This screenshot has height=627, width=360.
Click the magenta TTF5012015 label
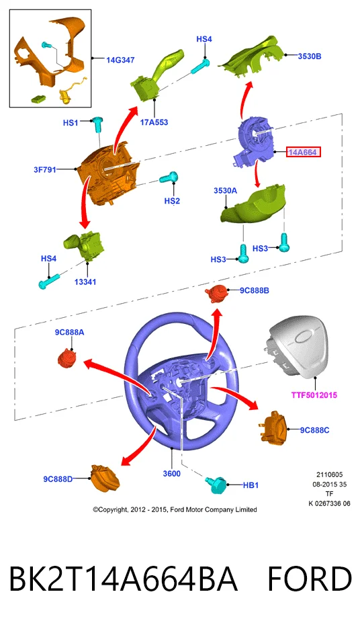pos(314,395)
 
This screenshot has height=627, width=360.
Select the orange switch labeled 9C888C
pos(275,427)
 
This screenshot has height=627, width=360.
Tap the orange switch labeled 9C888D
pos(105,478)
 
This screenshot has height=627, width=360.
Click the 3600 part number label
pos(171,474)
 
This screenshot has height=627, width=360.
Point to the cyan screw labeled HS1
pos(97,125)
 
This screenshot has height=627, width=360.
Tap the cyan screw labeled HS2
pos(169,177)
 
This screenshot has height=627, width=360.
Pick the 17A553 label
pos(154,122)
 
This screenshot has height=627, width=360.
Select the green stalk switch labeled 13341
pos(85,245)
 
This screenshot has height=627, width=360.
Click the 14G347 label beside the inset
pos(120,60)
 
